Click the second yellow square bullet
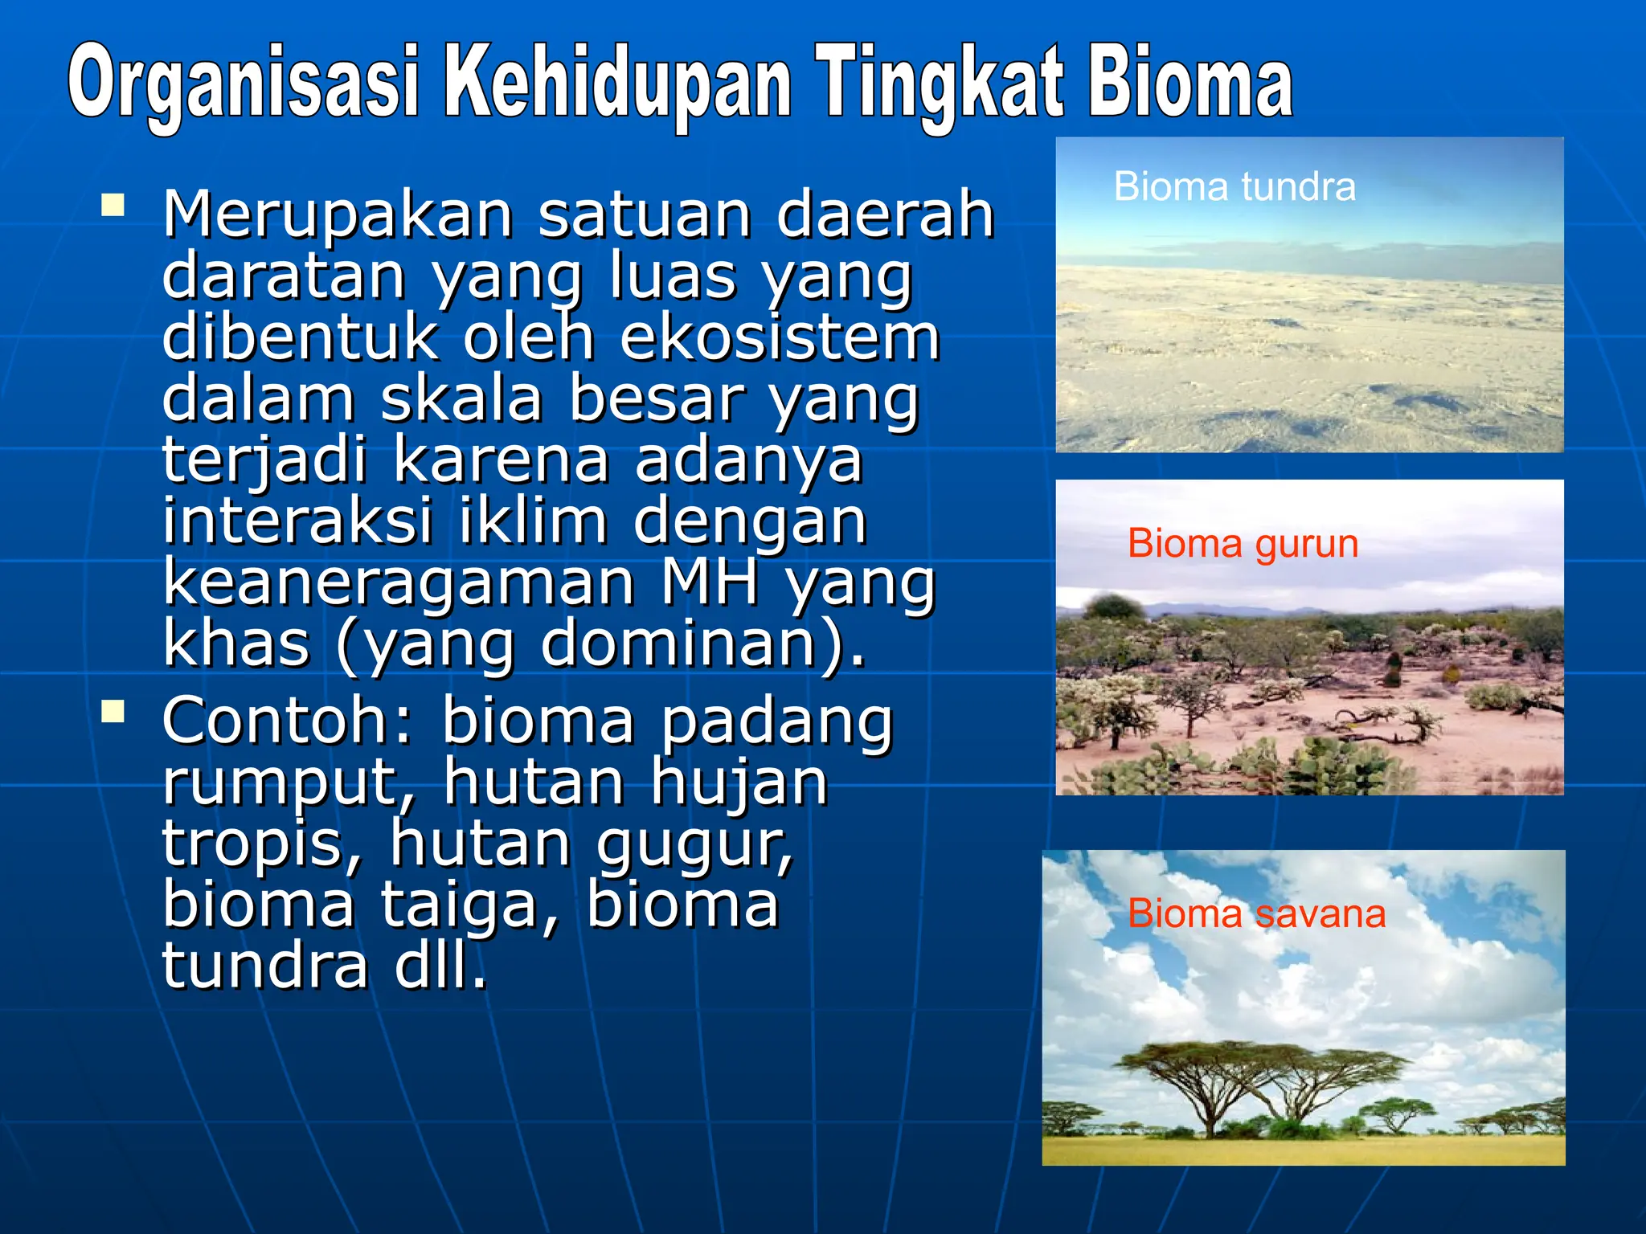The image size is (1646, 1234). point(113,711)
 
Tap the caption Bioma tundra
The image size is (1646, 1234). point(1234,186)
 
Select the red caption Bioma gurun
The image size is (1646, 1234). point(1243,543)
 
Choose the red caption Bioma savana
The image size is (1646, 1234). point(1256,913)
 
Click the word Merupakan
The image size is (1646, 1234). point(338,215)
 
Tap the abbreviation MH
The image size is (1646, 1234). point(709,582)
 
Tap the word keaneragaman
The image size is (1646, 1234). point(399,583)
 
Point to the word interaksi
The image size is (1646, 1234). point(297,521)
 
